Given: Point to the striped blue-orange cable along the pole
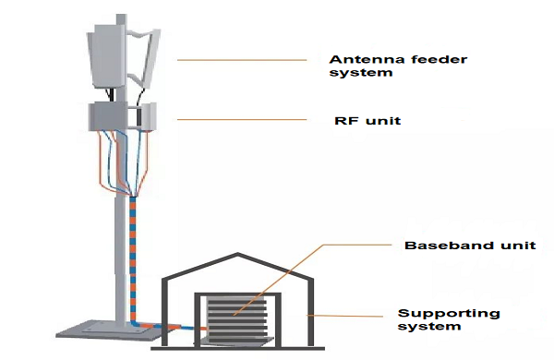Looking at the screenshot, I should coord(133,249).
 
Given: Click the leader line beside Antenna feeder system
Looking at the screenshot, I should coord(242,60).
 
